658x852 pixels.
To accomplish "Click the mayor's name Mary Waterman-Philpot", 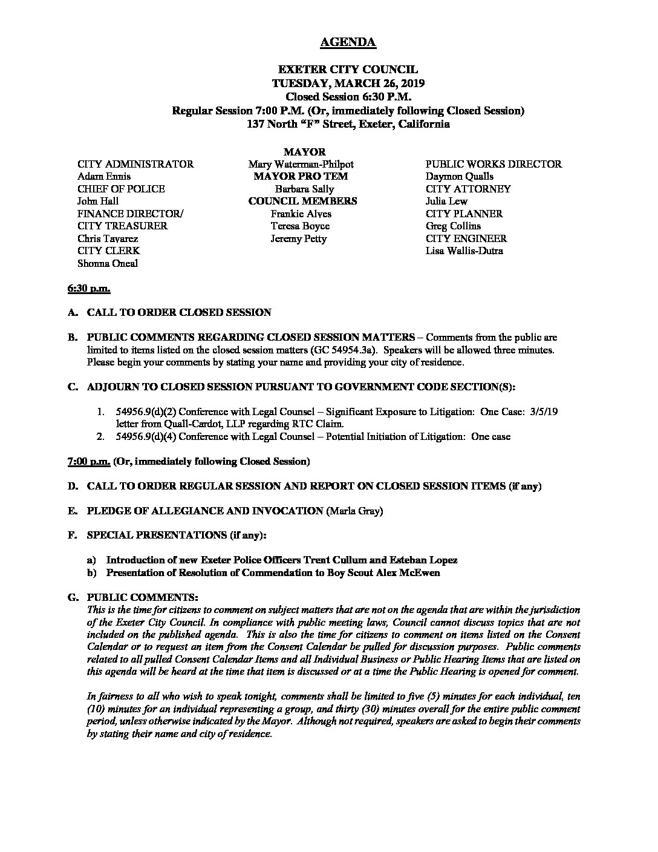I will tap(301, 164).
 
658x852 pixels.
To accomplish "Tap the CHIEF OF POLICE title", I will tap(121, 189).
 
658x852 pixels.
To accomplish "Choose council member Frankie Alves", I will tap(301, 214).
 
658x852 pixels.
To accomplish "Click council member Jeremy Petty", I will tap(299, 238).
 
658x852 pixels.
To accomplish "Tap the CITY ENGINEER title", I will tap(466, 238).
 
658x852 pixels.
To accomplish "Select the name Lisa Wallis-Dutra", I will tap(464, 251).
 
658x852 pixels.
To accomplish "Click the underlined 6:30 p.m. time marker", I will tap(89, 289).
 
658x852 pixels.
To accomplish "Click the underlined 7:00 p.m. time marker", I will tap(89, 462).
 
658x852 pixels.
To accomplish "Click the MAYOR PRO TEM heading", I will tap(301, 177).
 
